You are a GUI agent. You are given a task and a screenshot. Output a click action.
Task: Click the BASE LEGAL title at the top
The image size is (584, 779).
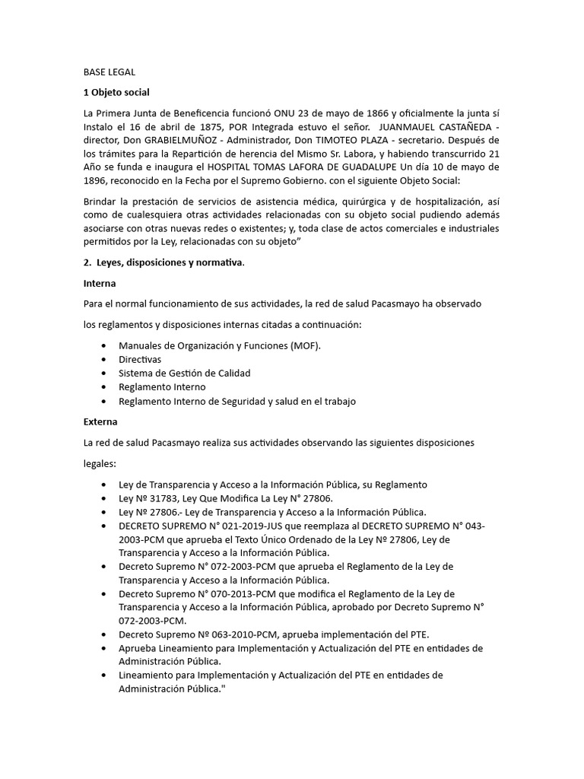click(x=109, y=72)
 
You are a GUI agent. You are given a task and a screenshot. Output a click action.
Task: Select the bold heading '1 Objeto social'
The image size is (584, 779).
click(x=116, y=93)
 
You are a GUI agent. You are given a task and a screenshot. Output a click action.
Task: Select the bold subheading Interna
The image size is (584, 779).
click(x=100, y=284)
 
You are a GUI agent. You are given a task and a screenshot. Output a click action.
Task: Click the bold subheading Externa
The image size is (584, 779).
click(x=100, y=421)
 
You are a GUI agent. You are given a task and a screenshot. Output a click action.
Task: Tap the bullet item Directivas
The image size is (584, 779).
click(x=140, y=359)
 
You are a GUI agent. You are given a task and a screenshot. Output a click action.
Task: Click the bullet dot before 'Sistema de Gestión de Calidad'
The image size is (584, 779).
click(x=103, y=373)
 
